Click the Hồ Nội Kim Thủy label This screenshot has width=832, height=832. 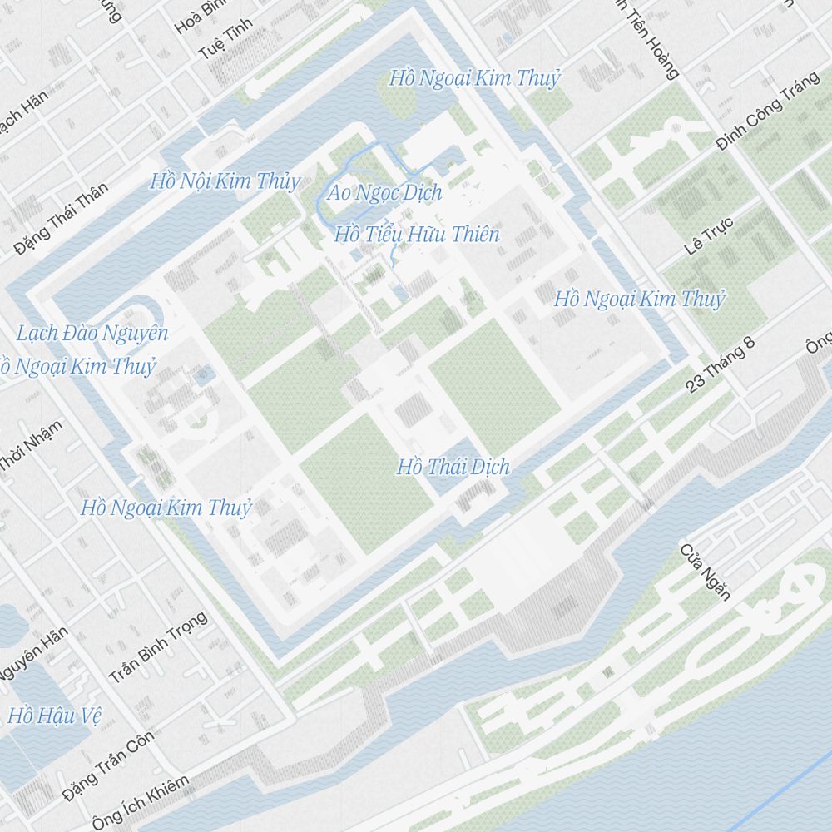[225, 181]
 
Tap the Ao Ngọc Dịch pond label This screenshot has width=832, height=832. [384, 193]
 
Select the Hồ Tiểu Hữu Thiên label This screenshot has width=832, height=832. [417, 235]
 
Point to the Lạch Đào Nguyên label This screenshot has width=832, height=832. [92, 334]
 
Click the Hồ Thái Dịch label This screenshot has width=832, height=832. [453, 467]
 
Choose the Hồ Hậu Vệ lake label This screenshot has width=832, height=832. [54, 716]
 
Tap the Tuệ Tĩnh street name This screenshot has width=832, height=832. [225, 39]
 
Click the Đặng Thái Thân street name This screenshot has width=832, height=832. [61, 218]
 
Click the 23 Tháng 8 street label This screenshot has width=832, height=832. [721, 364]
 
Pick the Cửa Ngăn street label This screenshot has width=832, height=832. [705, 572]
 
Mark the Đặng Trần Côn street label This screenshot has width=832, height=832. [108, 763]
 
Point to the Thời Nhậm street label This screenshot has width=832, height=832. [31, 446]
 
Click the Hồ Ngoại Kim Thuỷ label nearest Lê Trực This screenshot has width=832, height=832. [640, 299]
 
